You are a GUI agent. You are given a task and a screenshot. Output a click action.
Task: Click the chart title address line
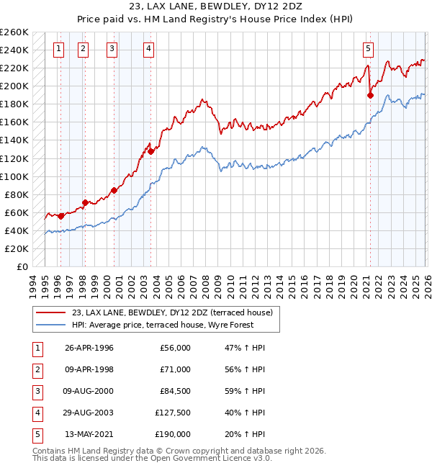click(215, 8)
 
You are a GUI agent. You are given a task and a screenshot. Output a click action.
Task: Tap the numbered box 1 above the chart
click(58, 49)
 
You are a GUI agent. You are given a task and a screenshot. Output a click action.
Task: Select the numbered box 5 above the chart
click(368, 49)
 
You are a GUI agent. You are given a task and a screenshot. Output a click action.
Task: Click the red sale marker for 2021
click(371, 94)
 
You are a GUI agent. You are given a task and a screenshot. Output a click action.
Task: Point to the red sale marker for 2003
click(151, 151)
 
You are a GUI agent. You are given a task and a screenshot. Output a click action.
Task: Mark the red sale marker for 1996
click(61, 215)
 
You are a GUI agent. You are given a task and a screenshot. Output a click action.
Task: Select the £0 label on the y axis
click(22, 267)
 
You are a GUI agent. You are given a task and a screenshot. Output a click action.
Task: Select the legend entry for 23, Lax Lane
click(172, 313)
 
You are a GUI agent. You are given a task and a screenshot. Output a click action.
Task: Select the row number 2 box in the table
click(37, 369)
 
